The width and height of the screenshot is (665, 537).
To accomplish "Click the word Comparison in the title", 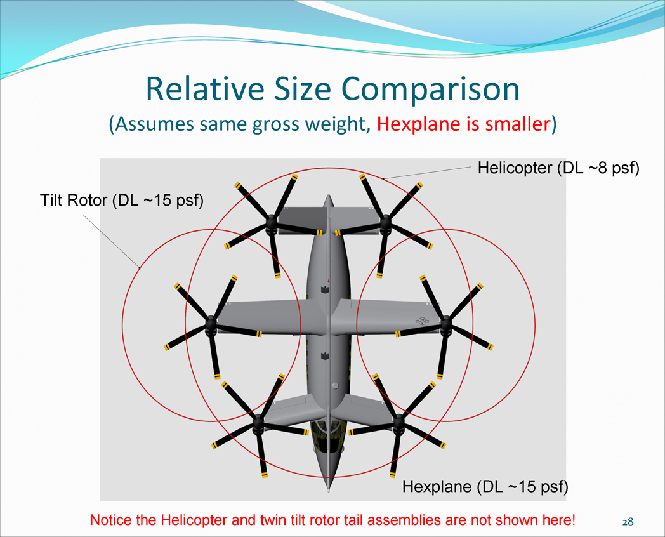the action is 430,89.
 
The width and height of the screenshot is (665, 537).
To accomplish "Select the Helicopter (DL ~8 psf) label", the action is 558,168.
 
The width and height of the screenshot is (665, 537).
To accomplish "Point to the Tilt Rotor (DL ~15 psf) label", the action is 122,200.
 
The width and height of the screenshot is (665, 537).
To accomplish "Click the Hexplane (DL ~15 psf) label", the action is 485,486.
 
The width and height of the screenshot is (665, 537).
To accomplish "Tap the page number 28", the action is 628,521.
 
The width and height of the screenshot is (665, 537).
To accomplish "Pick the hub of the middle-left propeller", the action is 211,324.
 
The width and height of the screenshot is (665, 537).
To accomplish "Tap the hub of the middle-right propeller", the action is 445,323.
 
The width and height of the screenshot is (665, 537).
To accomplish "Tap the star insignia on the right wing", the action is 422,321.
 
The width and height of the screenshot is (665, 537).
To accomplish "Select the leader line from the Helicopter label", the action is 426,173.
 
